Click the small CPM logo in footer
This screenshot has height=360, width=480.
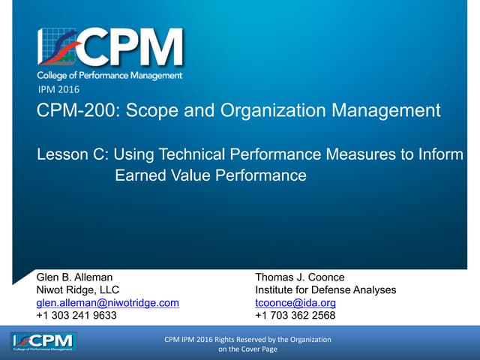click(44, 344)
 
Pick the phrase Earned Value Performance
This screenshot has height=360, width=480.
click(211, 175)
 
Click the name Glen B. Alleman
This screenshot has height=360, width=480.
click(74, 277)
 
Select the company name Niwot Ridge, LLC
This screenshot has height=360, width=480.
click(77, 290)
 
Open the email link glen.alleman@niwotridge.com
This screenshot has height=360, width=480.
click(108, 303)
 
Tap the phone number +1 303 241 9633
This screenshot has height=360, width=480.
click(76, 316)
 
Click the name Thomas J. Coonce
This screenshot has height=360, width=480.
click(300, 277)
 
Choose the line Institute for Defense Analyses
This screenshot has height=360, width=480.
click(325, 290)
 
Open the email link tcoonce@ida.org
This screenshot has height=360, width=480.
click(295, 303)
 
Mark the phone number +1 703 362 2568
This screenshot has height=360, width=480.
click(295, 316)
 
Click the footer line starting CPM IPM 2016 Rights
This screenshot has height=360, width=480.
click(247, 340)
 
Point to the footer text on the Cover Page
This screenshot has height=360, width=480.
click(247, 349)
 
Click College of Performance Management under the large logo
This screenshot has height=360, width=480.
click(110, 75)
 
